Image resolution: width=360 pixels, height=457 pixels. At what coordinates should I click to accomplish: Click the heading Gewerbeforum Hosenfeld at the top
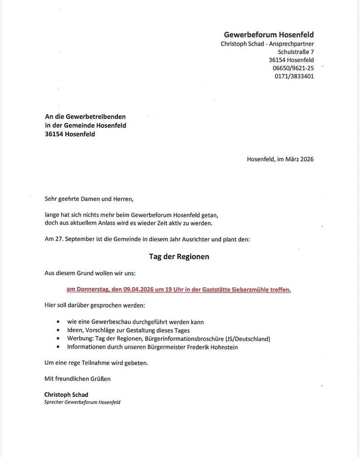pyautogui.click(x=269, y=35)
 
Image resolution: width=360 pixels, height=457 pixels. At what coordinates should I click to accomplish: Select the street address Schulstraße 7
pyautogui.click(x=295, y=52)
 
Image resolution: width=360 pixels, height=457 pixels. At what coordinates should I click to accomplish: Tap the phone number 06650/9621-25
pyautogui.click(x=293, y=68)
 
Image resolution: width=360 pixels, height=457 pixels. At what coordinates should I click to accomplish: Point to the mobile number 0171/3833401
pyautogui.click(x=294, y=76)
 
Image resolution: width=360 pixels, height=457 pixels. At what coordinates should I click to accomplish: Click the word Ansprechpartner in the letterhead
pyautogui.click(x=291, y=44)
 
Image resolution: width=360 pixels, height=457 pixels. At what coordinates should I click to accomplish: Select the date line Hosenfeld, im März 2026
pyautogui.click(x=280, y=159)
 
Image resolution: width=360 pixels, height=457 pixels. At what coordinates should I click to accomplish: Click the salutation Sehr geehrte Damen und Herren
pyautogui.click(x=89, y=199)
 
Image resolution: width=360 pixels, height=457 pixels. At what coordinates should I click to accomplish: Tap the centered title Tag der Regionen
pyautogui.click(x=179, y=257)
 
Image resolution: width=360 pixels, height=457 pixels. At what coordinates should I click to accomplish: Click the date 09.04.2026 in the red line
pyautogui.click(x=138, y=289)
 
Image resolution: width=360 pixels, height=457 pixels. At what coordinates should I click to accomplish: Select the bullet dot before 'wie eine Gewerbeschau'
pyautogui.click(x=58, y=322)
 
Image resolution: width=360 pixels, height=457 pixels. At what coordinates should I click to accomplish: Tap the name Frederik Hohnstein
pyautogui.click(x=212, y=347)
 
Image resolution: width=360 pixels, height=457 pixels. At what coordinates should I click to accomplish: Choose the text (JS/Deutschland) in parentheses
pyautogui.click(x=247, y=339)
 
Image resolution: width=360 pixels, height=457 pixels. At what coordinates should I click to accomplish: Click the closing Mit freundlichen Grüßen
pyautogui.click(x=77, y=379)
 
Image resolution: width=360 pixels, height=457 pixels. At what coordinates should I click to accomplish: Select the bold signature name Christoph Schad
pyautogui.click(x=66, y=395)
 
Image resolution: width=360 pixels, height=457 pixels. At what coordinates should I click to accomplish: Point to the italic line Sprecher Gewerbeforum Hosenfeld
pyautogui.click(x=82, y=402)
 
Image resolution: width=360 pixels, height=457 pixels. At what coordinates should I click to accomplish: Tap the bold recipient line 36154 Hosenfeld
pyautogui.click(x=69, y=134)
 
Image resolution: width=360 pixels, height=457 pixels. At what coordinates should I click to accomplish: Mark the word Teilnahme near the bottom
pyautogui.click(x=95, y=363)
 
